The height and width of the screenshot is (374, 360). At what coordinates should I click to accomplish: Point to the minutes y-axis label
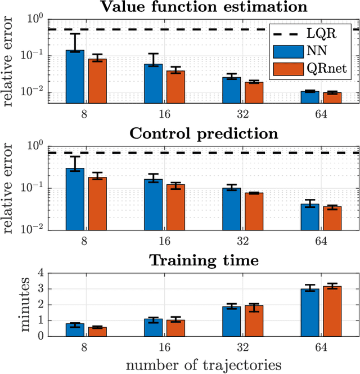click(11, 305)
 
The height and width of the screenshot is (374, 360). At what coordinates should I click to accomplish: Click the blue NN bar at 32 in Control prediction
click(231, 209)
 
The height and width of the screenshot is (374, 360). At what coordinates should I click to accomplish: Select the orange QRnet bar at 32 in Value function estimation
click(254, 92)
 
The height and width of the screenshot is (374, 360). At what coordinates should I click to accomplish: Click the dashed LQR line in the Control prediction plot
click(141, 153)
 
